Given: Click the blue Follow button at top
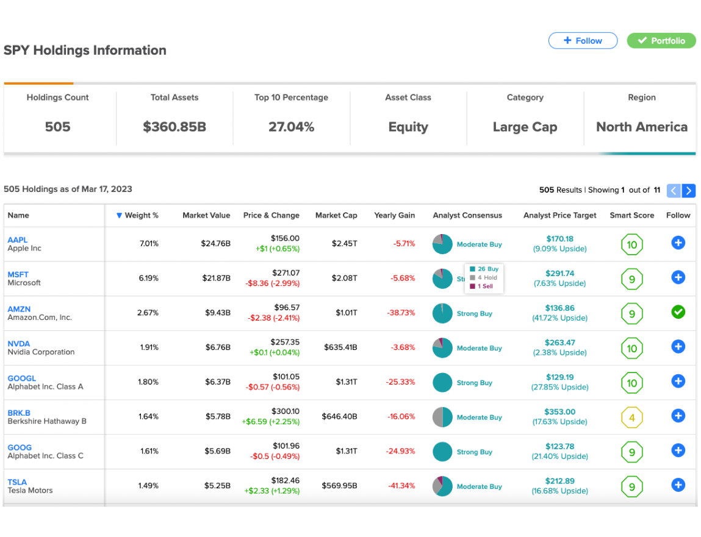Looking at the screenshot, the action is pyautogui.click(x=583, y=41).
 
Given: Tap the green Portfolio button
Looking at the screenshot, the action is pyautogui.click(x=661, y=41).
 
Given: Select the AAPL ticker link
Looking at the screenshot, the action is pyautogui.click(x=18, y=240).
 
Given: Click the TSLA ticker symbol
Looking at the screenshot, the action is pyautogui.click(x=17, y=482).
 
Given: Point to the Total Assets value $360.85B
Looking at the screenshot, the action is pyautogui.click(x=174, y=127).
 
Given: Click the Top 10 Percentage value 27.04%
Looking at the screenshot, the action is pyautogui.click(x=291, y=127).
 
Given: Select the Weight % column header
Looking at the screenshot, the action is pyautogui.click(x=137, y=215).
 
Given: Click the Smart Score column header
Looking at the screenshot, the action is pyautogui.click(x=631, y=215).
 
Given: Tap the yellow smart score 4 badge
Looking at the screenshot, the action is pyautogui.click(x=631, y=418).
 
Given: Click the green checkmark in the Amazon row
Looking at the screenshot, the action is pyautogui.click(x=678, y=312).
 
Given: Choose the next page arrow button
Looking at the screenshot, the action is pyautogui.click(x=688, y=191).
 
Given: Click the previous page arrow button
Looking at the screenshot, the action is pyautogui.click(x=674, y=191).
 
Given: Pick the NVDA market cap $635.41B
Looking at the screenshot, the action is pyautogui.click(x=340, y=347).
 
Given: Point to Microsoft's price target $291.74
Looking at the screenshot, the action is pyautogui.click(x=559, y=274).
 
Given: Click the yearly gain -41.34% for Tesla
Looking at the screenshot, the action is pyautogui.click(x=401, y=486).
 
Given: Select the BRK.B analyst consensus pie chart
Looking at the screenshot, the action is pyautogui.click(x=442, y=418).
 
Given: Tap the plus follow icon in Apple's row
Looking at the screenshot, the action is pyautogui.click(x=678, y=243).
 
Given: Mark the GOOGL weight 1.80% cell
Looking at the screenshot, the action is pyautogui.click(x=148, y=382).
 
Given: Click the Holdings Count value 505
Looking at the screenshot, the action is pyautogui.click(x=58, y=127).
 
